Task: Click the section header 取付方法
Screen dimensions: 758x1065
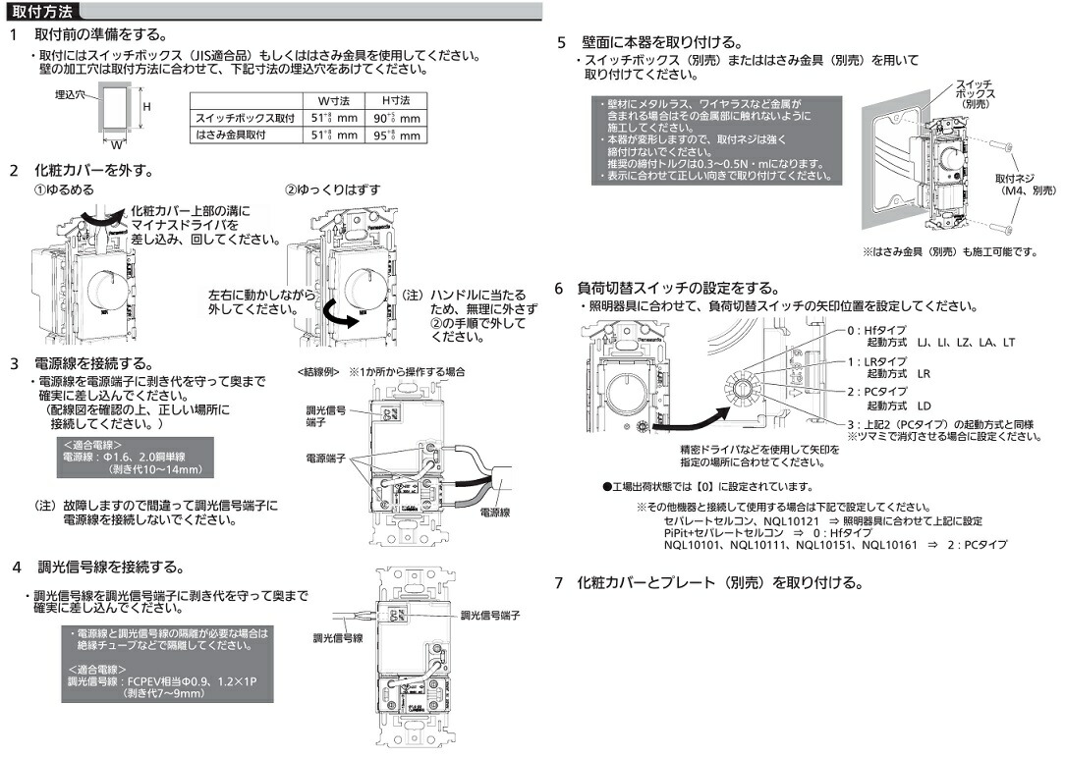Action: point(38,13)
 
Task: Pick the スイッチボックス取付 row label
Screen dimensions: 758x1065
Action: point(245,118)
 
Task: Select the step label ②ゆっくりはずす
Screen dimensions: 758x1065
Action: point(333,189)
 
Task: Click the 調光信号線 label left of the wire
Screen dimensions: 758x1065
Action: point(338,638)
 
